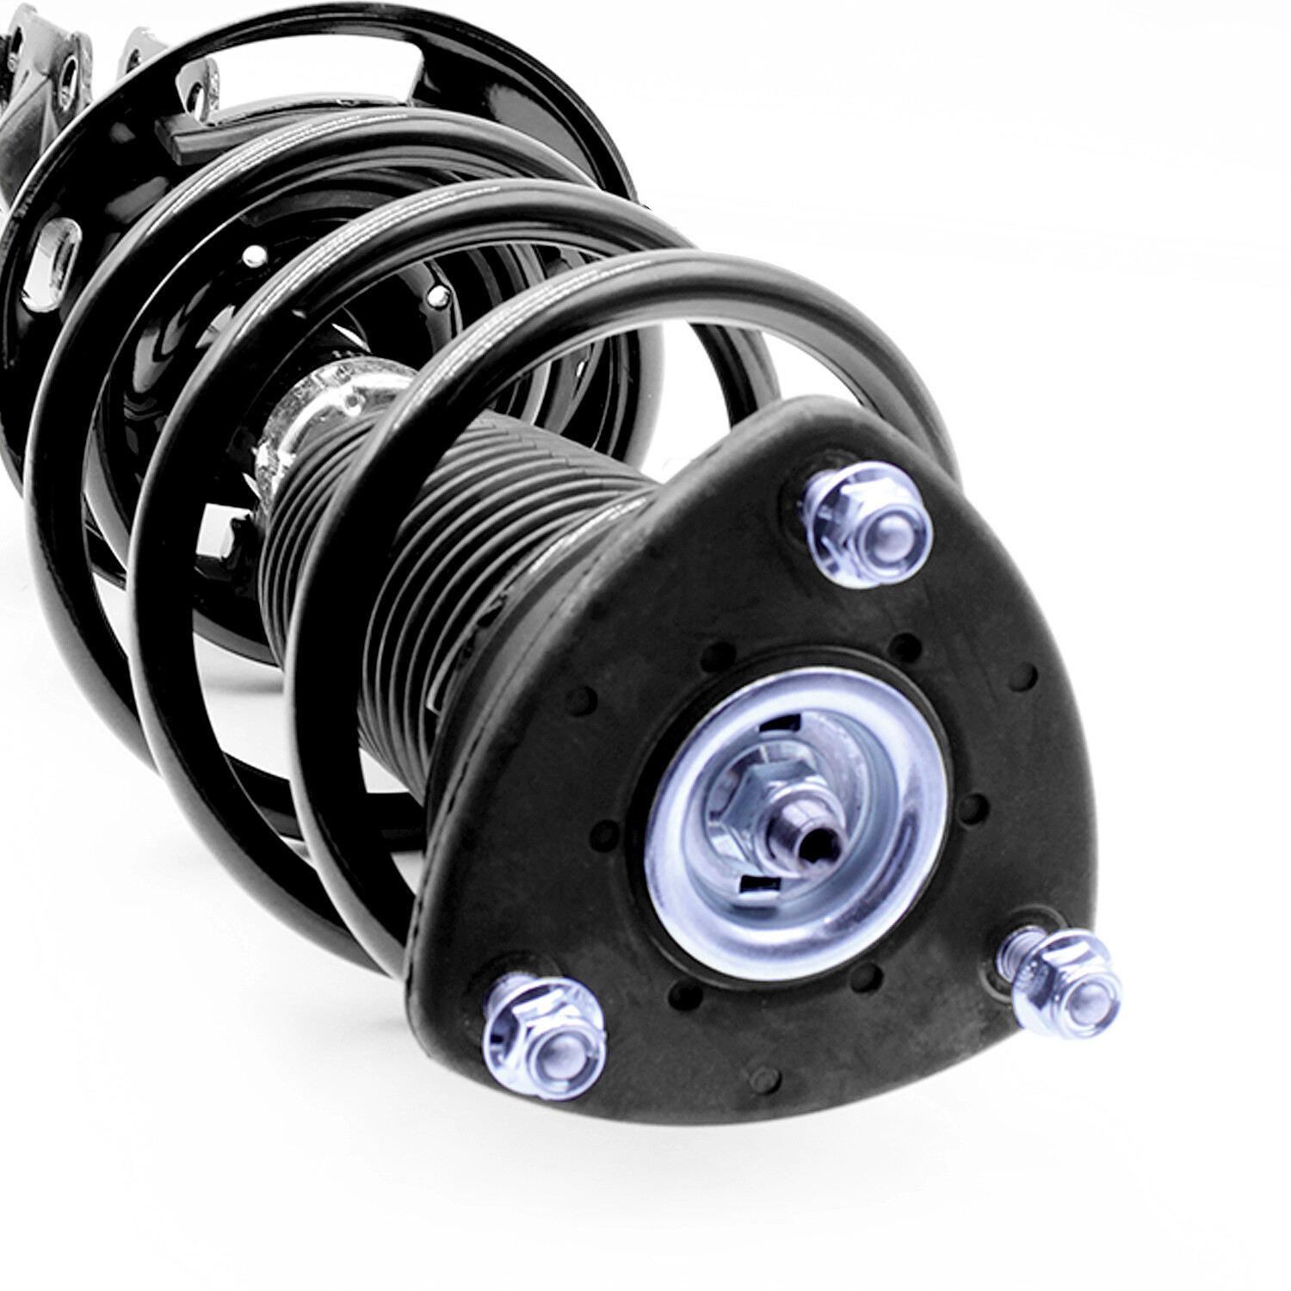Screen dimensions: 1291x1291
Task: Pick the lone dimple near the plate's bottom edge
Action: tap(763, 1077)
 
